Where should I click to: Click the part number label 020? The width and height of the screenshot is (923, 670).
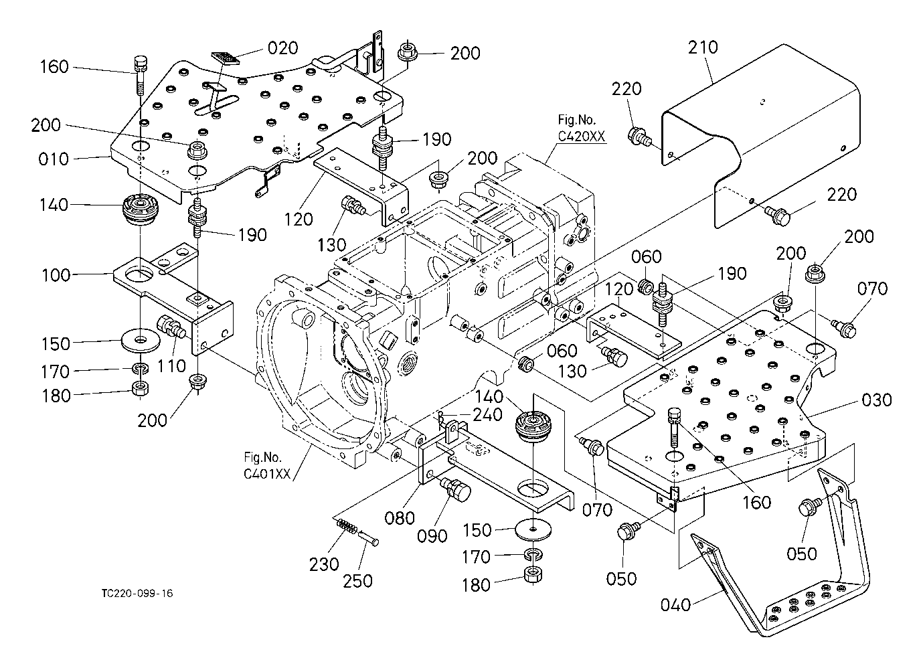pyautogui.click(x=282, y=48)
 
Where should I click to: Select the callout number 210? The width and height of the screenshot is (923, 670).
pyautogui.click(x=702, y=48)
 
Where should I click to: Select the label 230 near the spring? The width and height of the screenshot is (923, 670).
pyautogui.click(x=324, y=564)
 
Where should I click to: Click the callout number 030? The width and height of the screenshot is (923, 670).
pyautogui.click(x=876, y=400)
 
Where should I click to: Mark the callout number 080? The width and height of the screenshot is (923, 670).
pyautogui.click(x=400, y=517)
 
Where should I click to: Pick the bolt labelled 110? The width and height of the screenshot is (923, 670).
pyautogui.click(x=170, y=327)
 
